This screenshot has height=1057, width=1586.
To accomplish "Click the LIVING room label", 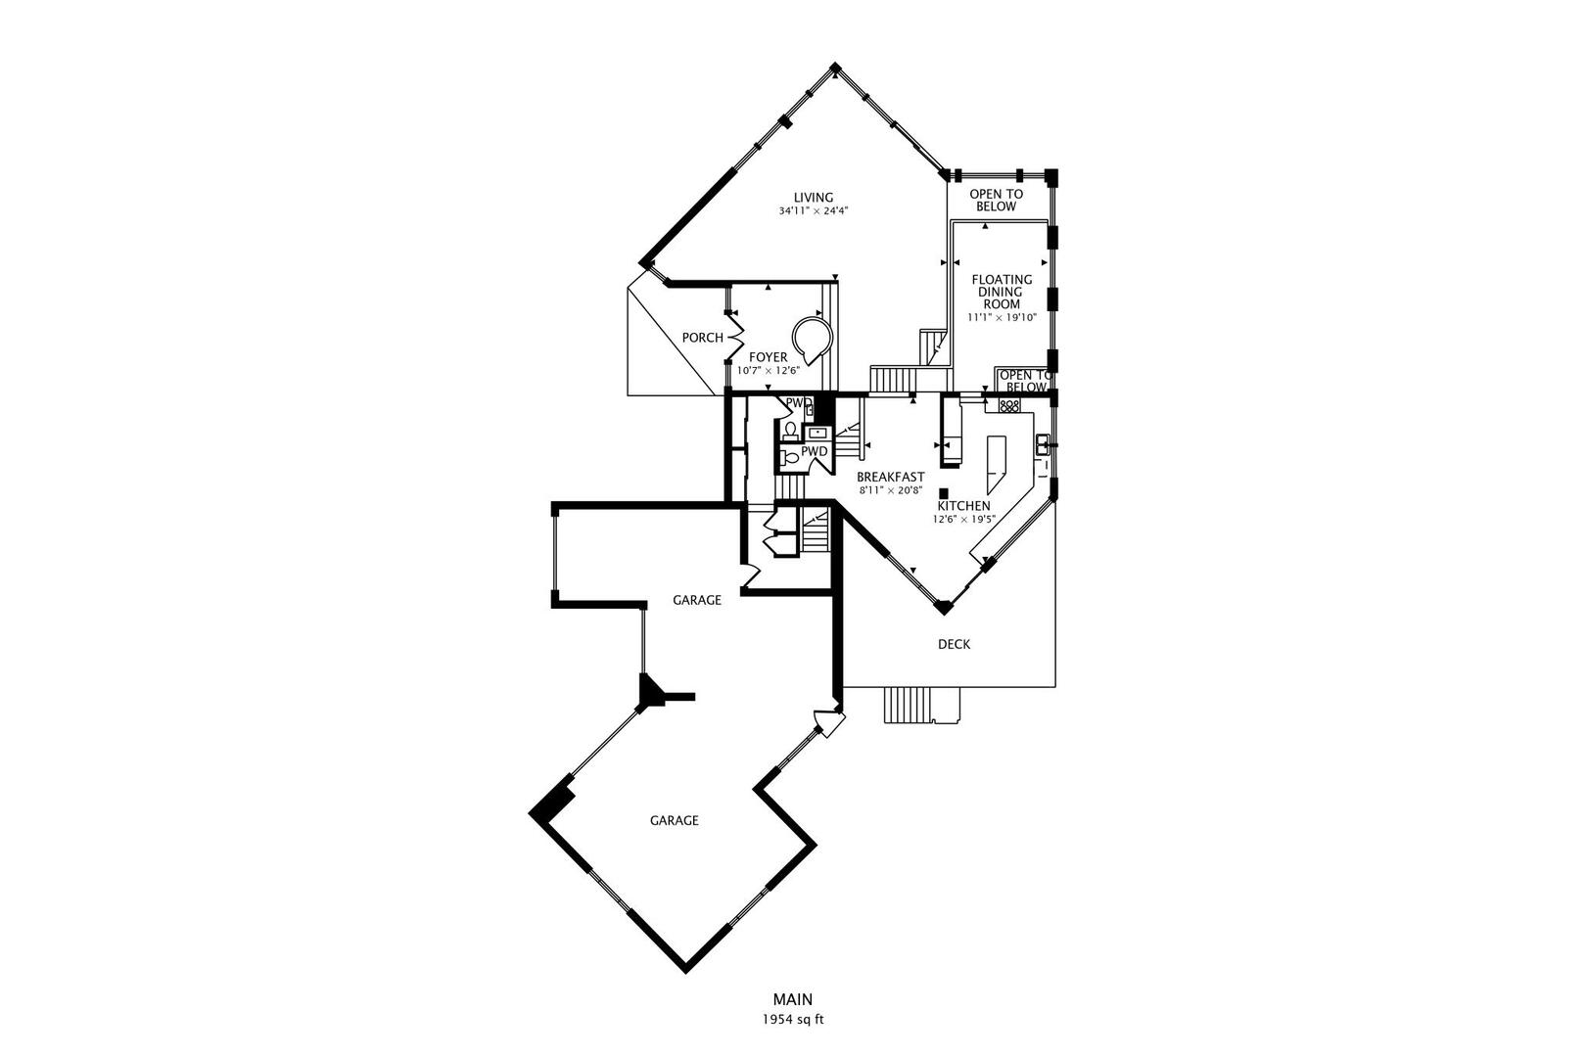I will pyautogui.click(x=813, y=197).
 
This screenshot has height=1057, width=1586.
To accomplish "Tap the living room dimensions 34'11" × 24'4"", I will pyautogui.click(x=813, y=210).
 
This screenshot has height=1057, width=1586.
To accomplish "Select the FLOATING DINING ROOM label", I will pyautogui.click(x=1002, y=292).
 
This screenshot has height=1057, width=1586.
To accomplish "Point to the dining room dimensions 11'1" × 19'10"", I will pyautogui.click(x=1002, y=317).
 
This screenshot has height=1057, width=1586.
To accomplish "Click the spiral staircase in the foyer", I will pyautogui.click(x=812, y=340).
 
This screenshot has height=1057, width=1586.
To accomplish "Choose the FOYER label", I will pyautogui.click(x=768, y=357).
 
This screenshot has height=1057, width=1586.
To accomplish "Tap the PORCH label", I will pyautogui.click(x=702, y=338).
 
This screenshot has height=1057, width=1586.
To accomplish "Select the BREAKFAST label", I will pyautogui.click(x=890, y=477).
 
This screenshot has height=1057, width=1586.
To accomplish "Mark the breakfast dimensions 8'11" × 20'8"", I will pyautogui.click(x=890, y=489).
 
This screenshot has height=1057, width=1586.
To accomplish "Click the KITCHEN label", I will pyautogui.click(x=963, y=505).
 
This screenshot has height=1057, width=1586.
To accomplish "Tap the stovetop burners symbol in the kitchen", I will pyautogui.click(x=1009, y=404).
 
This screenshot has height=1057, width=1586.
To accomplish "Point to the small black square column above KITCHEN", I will pyautogui.click(x=943, y=493).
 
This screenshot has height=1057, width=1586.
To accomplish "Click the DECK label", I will pyautogui.click(x=954, y=644).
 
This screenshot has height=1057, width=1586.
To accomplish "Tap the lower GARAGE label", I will pyautogui.click(x=674, y=820).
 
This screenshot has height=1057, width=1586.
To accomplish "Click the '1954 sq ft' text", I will pyautogui.click(x=792, y=1019).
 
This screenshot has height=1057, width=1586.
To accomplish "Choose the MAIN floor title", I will pyautogui.click(x=792, y=999).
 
